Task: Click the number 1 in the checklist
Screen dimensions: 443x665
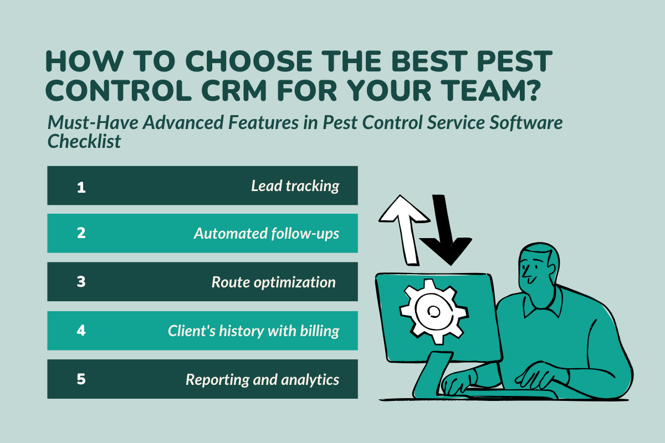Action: tap(81, 187)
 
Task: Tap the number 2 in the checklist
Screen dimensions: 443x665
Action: tap(81, 233)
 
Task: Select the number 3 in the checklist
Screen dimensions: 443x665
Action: tap(81, 282)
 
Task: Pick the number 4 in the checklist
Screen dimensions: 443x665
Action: tap(81, 331)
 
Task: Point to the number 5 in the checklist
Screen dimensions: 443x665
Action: tap(81, 379)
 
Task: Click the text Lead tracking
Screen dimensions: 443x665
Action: tap(295, 186)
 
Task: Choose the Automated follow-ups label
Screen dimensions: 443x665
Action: tap(266, 234)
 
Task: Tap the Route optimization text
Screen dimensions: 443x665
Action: tap(273, 282)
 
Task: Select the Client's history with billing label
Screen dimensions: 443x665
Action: tap(253, 331)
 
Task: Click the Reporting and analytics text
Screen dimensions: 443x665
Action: tap(262, 380)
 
